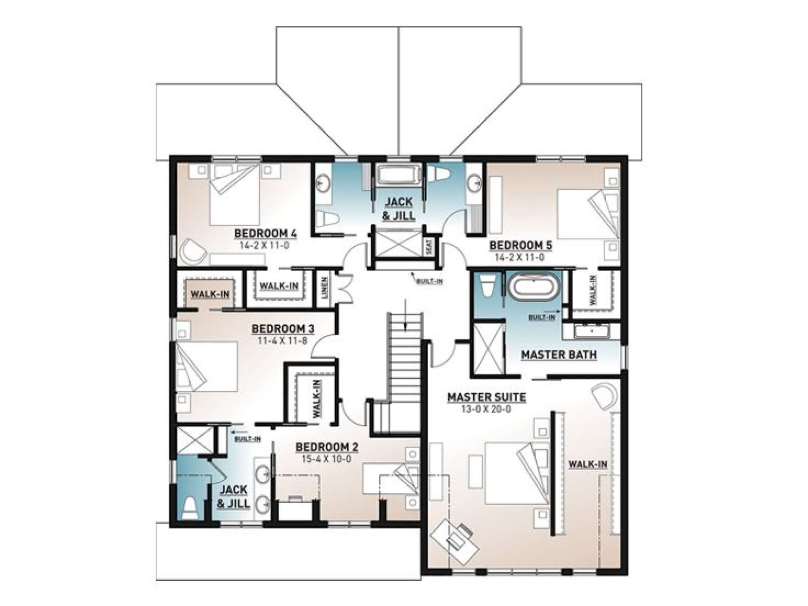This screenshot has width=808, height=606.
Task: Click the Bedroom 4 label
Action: [x=266, y=233]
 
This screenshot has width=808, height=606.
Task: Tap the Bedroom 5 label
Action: [x=520, y=245]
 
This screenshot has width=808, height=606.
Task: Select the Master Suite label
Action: [x=486, y=397]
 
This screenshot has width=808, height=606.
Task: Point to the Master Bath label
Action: [x=559, y=355]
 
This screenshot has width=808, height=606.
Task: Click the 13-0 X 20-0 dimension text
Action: [x=486, y=409]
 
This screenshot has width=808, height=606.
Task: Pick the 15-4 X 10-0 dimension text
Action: [x=327, y=459]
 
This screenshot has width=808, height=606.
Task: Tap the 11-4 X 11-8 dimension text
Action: [x=282, y=340]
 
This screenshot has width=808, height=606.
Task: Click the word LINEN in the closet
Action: [x=325, y=287]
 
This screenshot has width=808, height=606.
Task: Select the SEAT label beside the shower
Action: [x=429, y=247]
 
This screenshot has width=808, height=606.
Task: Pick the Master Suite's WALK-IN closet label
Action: [x=587, y=464]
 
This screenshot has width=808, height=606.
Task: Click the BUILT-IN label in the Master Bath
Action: [x=541, y=317]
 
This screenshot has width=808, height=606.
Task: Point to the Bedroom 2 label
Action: [x=327, y=447]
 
